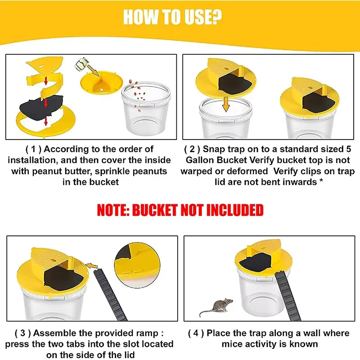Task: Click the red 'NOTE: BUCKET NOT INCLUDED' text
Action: click(x=180, y=210)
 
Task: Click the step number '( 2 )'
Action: click(x=192, y=149)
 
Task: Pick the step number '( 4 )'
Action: click(x=196, y=333)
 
